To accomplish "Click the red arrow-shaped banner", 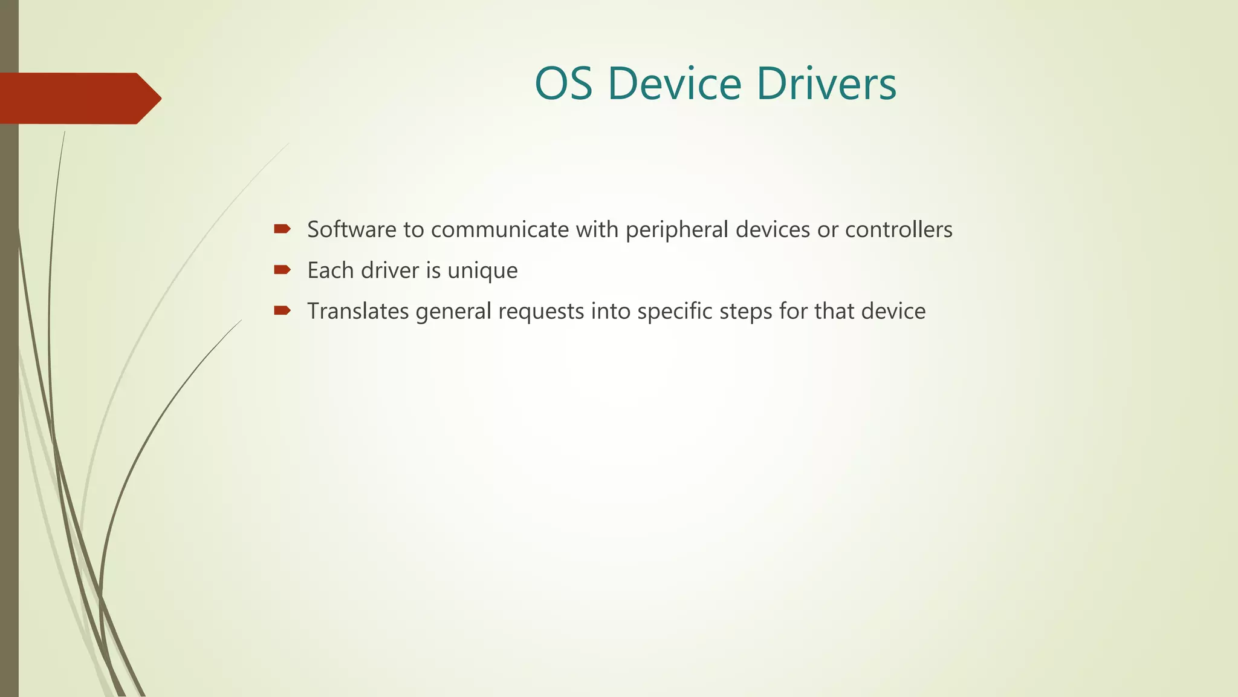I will tap(79, 98).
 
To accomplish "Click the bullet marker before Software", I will tap(282, 229).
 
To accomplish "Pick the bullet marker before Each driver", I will tap(282, 270).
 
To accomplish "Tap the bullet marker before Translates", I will tap(282, 311).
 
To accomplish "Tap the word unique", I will tap(482, 271).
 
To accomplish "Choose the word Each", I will tap(330, 270).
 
